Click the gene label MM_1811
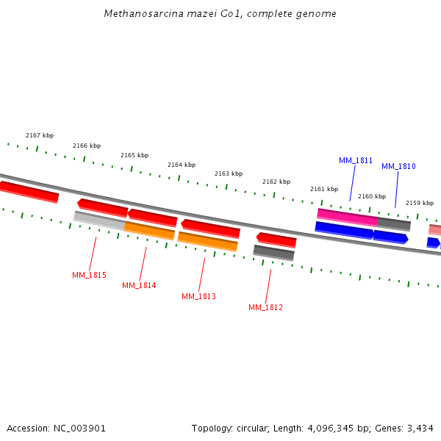[x=356, y=160]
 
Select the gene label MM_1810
[x=398, y=166]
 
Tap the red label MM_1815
[x=89, y=275]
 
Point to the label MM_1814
[x=139, y=285]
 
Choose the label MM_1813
[x=198, y=296]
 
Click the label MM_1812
[x=265, y=307]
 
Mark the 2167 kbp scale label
[x=40, y=135]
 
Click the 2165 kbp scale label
[x=135, y=155]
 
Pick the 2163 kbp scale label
[x=229, y=174]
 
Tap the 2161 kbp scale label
[x=324, y=189]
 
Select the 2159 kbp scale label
[x=420, y=203]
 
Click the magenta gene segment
[x=347, y=216]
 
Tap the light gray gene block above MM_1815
[x=98, y=218]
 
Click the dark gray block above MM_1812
[x=273, y=253]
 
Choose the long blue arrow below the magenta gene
[x=343, y=230]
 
